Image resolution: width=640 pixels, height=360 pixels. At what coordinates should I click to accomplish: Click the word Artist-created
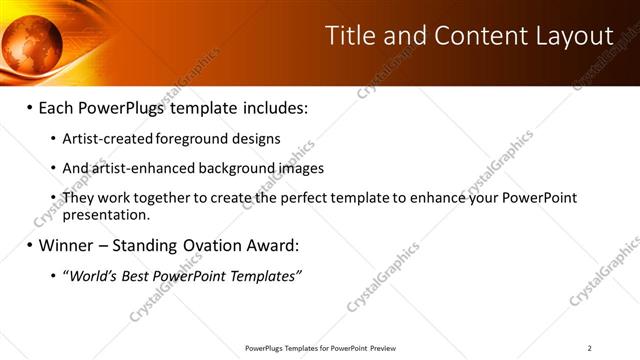click(x=102, y=139)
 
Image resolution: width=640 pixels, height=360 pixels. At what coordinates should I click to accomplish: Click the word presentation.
click(x=106, y=214)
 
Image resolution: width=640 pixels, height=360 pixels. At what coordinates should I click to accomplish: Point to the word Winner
click(x=67, y=245)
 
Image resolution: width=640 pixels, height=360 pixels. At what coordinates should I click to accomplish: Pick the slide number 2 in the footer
click(x=590, y=348)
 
